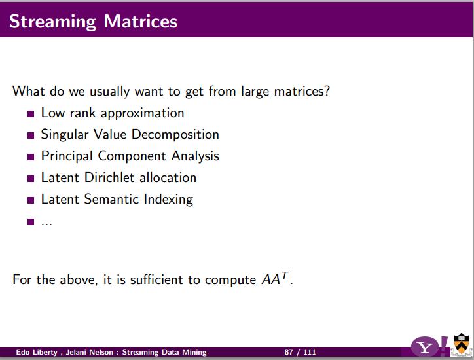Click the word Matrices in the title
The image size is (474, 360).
click(x=141, y=21)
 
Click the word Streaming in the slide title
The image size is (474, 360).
click(x=52, y=22)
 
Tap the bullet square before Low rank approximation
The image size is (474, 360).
click(x=31, y=114)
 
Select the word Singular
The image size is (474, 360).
click(x=65, y=135)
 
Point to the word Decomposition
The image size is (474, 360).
click(x=175, y=135)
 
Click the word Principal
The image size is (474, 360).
click(x=67, y=156)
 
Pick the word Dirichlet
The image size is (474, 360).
click(x=109, y=177)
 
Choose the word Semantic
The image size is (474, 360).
click(x=111, y=199)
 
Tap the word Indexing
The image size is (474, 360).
click(x=168, y=200)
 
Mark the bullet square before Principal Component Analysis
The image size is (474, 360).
click(x=31, y=157)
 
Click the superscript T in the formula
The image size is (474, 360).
click(x=285, y=276)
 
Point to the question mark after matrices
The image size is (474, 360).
click(x=327, y=91)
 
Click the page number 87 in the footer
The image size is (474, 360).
click(x=289, y=352)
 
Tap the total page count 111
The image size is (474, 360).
click(x=310, y=352)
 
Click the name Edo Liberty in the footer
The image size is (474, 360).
click(x=37, y=352)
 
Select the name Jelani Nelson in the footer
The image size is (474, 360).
click(x=90, y=352)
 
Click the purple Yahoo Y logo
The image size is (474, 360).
click(x=425, y=348)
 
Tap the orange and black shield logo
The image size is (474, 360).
click(x=462, y=344)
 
